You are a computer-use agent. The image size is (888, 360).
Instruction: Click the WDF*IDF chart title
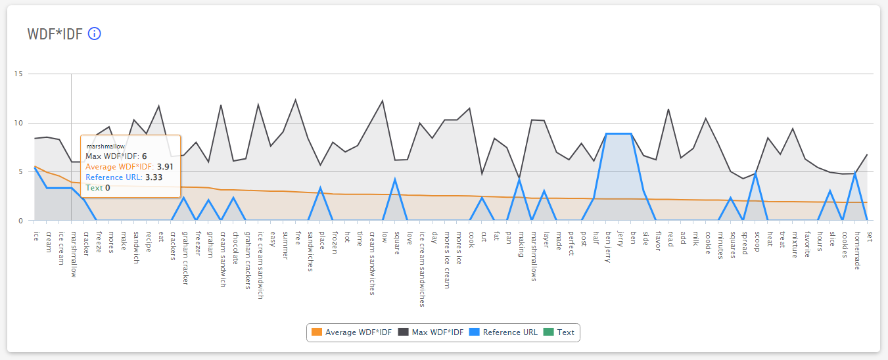pyautogui.click(x=55, y=34)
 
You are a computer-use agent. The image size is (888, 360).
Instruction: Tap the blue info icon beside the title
pyautogui.click(x=95, y=34)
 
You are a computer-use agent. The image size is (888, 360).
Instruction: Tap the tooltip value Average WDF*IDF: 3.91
pyautogui.click(x=129, y=167)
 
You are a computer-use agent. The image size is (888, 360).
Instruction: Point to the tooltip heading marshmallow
pyautogui.click(x=105, y=146)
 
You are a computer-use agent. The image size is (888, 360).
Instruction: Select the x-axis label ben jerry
pyautogui.click(x=608, y=246)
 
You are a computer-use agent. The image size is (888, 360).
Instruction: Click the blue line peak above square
pyautogui.click(x=395, y=179)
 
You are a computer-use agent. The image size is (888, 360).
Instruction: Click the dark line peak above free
pyautogui.click(x=296, y=99)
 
